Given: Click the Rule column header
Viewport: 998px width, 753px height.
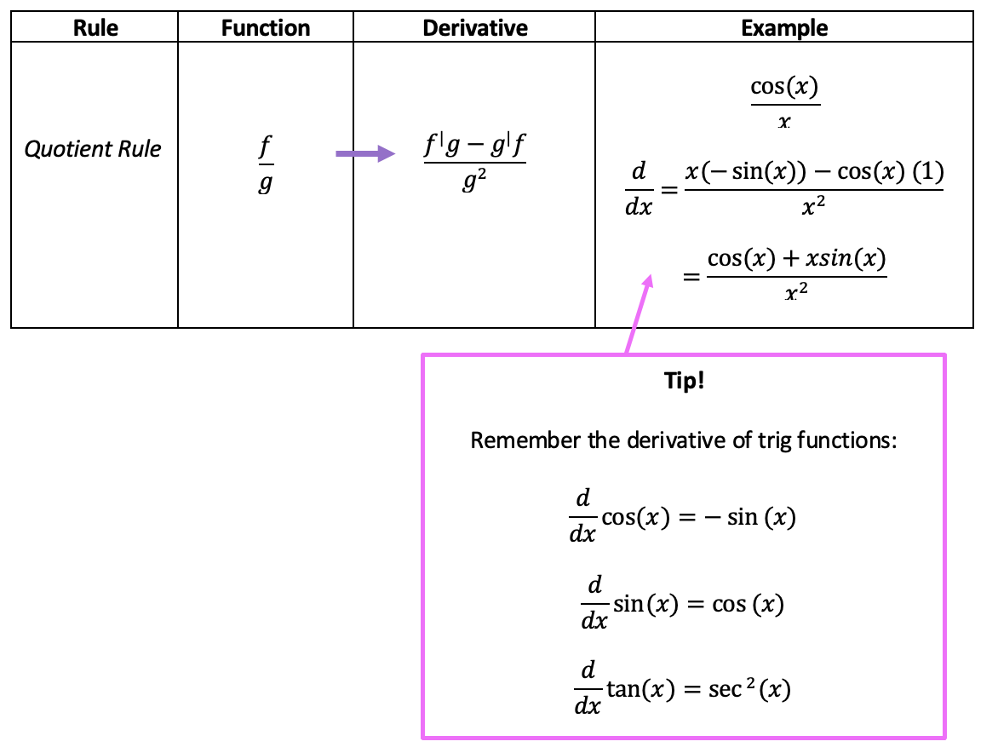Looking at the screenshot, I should click(x=95, y=28).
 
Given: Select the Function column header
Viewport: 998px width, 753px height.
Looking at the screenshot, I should click(x=266, y=28).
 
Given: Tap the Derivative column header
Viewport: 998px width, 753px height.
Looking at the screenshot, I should click(x=474, y=28).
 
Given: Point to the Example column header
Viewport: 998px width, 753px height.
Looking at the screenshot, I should click(x=784, y=28).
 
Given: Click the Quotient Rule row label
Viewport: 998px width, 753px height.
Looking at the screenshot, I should click(x=93, y=150).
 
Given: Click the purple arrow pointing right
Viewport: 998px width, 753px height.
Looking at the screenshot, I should click(x=365, y=153).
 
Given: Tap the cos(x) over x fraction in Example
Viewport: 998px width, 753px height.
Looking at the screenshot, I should click(x=784, y=102).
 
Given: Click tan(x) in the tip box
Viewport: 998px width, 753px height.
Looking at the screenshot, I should click(x=640, y=689).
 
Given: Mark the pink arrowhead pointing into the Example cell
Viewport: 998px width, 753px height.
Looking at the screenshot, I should click(x=646, y=282).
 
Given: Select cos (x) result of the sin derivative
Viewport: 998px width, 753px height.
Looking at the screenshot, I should click(x=748, y=604).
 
